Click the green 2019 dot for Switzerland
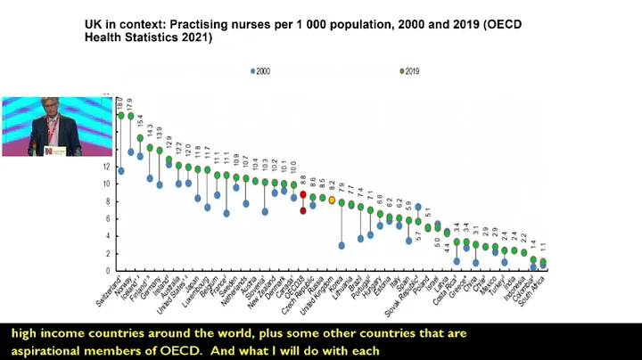pos(121,115)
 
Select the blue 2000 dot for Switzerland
pos(121,170)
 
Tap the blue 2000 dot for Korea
pos(342,245)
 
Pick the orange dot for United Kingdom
pos(332,200)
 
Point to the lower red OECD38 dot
pos(303,211)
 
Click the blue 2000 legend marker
pos(252,70)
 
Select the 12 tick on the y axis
pos(106,167)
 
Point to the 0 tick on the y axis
pos(108,270)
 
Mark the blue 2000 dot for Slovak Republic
pos(418,207)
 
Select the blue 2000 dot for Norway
pos(131,151)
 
